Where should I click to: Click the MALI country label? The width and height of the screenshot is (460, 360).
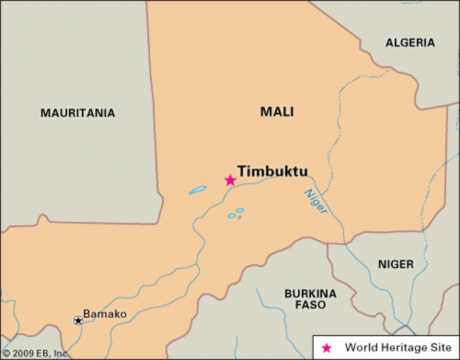tap(276, 112)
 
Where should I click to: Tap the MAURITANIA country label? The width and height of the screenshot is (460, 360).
tap(78, 113)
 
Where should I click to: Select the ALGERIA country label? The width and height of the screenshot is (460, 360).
tap(410, 43)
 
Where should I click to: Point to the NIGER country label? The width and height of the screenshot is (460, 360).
tap(395, 264)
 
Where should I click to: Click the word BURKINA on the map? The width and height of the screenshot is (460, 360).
tap(310, 292)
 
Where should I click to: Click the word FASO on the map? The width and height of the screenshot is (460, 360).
tap(310, 305)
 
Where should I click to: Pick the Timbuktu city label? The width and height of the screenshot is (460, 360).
tap(273, 171)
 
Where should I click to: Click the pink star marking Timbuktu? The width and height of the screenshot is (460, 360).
tap(230, 180)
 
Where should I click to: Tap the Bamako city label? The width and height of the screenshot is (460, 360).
tap(105, 313)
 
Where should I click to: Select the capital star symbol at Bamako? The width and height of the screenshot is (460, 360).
tap(78, 320)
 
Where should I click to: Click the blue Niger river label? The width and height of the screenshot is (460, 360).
tap(315, 201)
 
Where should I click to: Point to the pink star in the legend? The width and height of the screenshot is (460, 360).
tap(326, 348)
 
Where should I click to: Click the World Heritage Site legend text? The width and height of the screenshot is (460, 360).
tap(398, 348)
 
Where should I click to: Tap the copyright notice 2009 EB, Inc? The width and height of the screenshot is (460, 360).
tap(35, 352)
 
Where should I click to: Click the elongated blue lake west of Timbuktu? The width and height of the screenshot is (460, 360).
tap(198, 190)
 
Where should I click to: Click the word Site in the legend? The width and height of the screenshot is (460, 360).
tap(441, 348)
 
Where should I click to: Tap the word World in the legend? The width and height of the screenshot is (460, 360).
tap(360, 348)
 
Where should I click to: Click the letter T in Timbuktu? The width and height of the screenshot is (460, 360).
tap(243, 171)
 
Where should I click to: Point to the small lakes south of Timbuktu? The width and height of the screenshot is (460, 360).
tap(235, 214)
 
